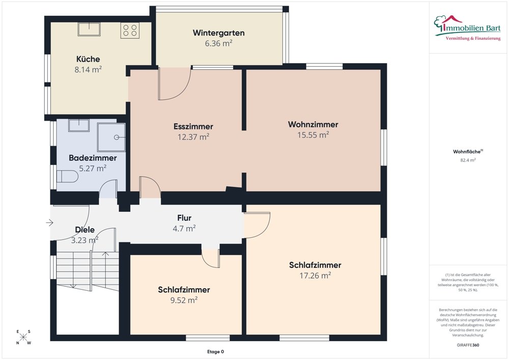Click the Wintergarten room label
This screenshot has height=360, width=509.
click(218, 33)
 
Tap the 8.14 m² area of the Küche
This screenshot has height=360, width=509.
click(88, 70)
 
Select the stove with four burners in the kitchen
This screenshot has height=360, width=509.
click(129, 30)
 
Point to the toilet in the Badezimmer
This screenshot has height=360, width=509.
click(67, 177)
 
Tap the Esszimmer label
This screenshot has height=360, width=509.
click(193, 126)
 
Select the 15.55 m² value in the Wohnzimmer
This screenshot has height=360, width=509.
click(313, 135)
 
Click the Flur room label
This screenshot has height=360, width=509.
click(184, 218)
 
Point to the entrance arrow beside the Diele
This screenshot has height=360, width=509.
click(49, 223)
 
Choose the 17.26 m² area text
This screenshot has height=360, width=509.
click(315, 275)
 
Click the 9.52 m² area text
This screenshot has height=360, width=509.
click(184, 300)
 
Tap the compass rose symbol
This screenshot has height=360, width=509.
click(23, 337)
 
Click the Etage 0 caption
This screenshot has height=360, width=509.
click(215, 352)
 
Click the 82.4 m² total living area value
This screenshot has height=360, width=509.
click(468, 160)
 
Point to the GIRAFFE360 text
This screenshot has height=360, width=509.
click(468, 345)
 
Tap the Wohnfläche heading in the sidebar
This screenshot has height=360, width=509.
click(467, 151)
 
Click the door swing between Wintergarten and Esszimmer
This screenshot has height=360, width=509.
click(174, 84)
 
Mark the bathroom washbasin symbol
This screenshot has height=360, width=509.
click(78, 125)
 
